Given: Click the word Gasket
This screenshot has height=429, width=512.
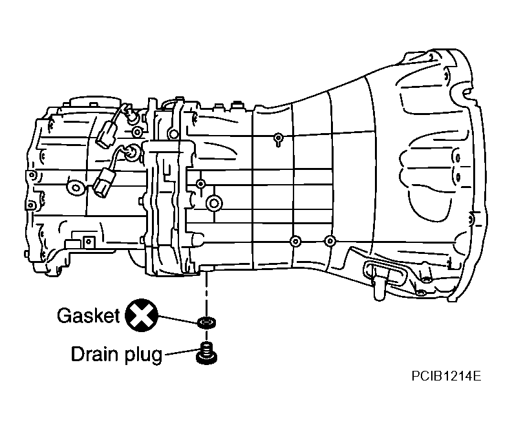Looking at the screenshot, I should click(89, 316).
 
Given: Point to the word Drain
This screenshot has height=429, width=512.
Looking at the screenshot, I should click(94, 355).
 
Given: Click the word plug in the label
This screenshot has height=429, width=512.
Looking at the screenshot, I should click(142, 356).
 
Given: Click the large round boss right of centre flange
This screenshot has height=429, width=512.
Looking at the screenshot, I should click(213, 204).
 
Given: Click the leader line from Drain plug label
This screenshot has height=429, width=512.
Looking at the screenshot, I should click(181, 354).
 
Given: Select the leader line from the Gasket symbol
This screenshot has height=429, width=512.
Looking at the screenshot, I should click(176, 319).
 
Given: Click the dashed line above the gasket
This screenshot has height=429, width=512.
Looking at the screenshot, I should click(206, 294).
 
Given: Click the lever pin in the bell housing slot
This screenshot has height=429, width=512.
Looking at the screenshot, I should click(376, 282).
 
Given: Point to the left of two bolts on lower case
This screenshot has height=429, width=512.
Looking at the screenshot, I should click(295, 242).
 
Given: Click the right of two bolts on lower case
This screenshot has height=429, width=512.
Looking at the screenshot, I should click(330, 242).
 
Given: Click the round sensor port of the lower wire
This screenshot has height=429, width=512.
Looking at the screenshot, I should click(132, 153).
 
